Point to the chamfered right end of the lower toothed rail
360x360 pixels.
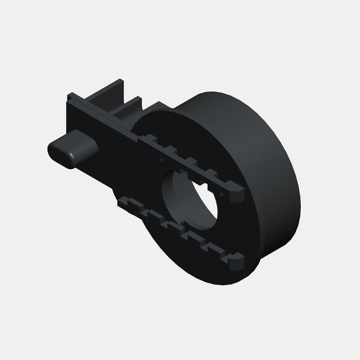237,260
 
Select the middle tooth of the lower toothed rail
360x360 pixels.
179,229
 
